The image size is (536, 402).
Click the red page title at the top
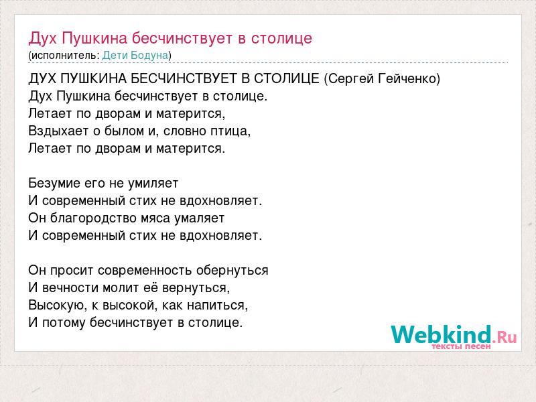170,39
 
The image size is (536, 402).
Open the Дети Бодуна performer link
135,56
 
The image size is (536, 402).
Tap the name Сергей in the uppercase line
351,79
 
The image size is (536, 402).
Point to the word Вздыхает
58,131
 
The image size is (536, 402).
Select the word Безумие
54,183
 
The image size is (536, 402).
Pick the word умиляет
153,184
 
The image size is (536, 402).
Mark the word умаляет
199,218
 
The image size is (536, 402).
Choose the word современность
145,271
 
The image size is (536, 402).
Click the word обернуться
232,271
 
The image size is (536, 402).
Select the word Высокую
57,306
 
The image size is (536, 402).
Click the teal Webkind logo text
441,334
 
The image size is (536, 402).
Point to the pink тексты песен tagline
461,346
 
